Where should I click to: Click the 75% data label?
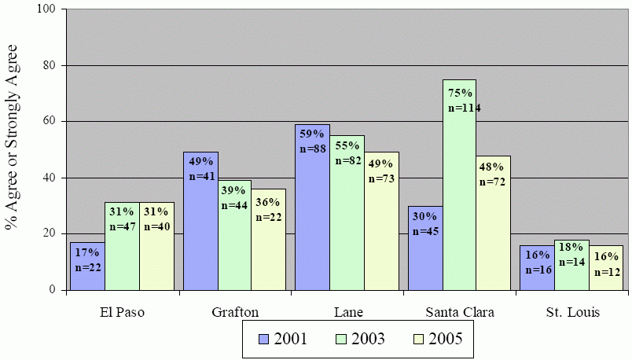[460, 93]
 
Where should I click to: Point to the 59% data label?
[312, 134]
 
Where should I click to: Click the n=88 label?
[312, 149]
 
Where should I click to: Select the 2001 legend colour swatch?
[265, 339]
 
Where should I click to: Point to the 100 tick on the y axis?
[49, 9]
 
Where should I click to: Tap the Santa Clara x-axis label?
[459, 312]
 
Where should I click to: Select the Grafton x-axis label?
[235, 312]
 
